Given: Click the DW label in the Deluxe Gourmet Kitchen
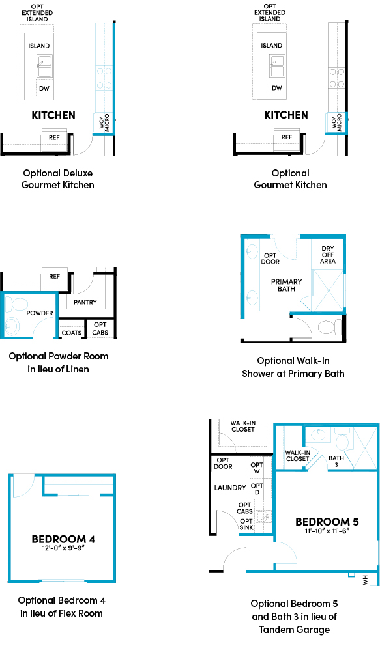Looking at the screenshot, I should [x=44, y=88].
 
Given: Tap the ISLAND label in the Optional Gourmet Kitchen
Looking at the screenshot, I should [x=271, y=46].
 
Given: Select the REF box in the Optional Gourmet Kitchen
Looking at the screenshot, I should [x=286, y=137].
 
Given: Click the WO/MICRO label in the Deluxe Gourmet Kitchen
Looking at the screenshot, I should [x=104, y=122].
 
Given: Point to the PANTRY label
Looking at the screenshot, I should [x=85, y=302].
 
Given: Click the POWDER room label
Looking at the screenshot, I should [x=39, y=313].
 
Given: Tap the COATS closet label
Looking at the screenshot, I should [x=71, y=333].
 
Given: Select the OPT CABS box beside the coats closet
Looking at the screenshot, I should [x=100, y=328].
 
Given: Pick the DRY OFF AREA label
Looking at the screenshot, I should [x=328, y=255].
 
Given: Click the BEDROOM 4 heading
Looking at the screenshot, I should [x=63, y=539].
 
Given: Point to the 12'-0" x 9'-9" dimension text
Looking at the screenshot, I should [x=63, y=549].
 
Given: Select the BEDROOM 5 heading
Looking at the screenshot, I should [x=327, y=522].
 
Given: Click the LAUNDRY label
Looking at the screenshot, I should [x=230, y=487].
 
